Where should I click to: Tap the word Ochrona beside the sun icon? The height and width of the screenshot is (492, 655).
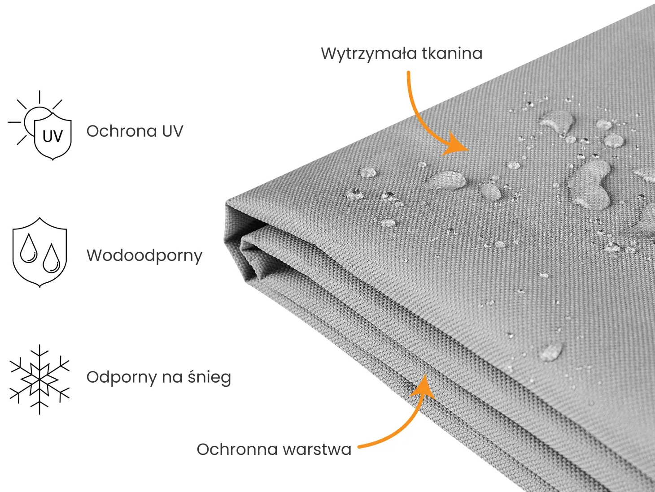pyautogui.click(x=122, y=131)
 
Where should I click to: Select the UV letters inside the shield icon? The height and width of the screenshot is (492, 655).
pyautogui.click(x=53, y=137)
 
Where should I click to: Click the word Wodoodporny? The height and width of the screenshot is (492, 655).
pyautogui.click(x=144, y=256)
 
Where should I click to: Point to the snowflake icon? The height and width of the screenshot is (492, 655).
pyautogui.click(x=39, y=380)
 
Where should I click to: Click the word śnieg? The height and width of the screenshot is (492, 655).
pyautogui.click(x=209, y=378)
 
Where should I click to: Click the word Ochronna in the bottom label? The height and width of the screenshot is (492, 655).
pyautogui.click(x=237, y=449)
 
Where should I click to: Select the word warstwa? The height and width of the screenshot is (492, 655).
pyautogui.click(x=317, y=450)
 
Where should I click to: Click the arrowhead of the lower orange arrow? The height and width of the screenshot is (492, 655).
pyautogui.click(x=423, y=387)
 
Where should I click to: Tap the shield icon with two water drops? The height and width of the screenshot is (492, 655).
pyautogui.click(x=39, y=252)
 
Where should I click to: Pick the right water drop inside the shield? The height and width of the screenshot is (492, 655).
pyautogui.click(x=51, y=259)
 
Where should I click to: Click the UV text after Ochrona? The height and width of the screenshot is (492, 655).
pyautogui.click(x=172, y=131)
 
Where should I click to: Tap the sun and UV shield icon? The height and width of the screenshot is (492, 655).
pyautogui.click(x=39, y=125)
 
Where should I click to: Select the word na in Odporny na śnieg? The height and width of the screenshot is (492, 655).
pyautogui.click(x=172, y=378)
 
